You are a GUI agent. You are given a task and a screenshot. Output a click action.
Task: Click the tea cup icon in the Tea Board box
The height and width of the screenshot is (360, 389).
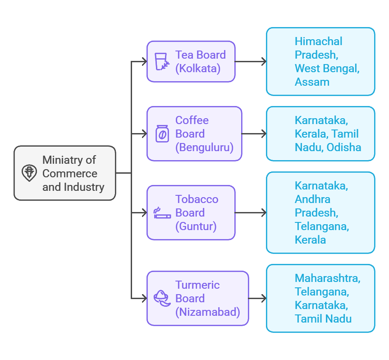(x=162, y=62)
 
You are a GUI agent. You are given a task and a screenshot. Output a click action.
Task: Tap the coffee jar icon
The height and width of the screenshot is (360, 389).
(x=162, y=134)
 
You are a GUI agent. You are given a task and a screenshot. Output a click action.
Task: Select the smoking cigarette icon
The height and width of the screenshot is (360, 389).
(x=162, y=213)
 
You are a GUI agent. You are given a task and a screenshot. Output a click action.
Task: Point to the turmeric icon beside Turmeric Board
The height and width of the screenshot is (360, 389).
(x=161, y=298)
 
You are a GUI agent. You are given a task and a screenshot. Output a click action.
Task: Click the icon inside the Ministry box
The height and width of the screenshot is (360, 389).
(x=29, y=173)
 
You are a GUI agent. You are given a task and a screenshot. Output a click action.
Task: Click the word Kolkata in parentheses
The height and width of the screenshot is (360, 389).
(x=198, y=69)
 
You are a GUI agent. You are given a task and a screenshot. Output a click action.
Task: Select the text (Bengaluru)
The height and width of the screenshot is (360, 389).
(x=204, y=148)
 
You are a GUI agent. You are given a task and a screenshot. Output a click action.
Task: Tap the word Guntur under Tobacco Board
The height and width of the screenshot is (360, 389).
(x=196, y=226)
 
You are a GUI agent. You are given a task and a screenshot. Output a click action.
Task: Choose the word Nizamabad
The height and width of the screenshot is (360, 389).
(x=207, y=312)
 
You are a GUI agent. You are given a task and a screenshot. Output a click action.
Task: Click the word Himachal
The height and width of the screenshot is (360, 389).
(x=318, y=42)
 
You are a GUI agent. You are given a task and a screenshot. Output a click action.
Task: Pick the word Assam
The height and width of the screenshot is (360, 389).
(x=312, y=82)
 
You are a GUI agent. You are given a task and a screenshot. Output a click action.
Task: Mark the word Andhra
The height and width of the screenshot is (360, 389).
(x=312, y=199)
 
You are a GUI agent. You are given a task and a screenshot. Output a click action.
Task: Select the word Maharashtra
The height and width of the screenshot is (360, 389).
(x=327, y=278)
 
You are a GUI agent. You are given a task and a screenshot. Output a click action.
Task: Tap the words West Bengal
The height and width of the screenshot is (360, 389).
(x=327, y=69)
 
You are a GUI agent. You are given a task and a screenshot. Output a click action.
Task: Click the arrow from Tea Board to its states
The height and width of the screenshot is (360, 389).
(x=251, y=62)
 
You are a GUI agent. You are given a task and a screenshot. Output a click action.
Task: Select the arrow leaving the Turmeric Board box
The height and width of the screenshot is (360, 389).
(x=257, y=299)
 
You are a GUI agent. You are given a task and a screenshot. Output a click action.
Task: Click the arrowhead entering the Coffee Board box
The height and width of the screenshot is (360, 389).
(x=144, y=134)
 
